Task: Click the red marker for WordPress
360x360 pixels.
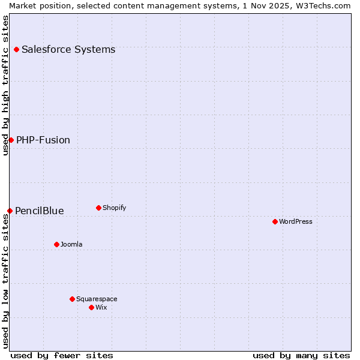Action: click(x=275, y=221)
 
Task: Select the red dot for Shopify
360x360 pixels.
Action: click(x=98, y=208)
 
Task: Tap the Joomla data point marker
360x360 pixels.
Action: click(x=56, y=244)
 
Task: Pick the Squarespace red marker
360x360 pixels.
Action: click(x=72, y=299)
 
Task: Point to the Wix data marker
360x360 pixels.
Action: click(x=91, y=307)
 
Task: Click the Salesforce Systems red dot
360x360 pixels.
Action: click(x=16, y=49)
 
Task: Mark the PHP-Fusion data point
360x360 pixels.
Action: click(x=11, y=140)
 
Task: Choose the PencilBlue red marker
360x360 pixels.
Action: click(x=10, y=211)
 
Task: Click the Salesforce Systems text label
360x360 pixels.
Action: click(x=68, y=49)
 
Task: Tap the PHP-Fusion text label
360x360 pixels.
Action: click(x=43, y=140)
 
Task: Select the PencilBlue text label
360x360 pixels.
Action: click(x=40, y=211)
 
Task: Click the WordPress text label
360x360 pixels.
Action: click(x=296, y=221)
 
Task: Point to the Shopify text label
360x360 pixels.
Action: click(x=114, y=208)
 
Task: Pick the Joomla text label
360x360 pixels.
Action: click(x=71, y=244)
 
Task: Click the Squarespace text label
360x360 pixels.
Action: click(x=97, y=299)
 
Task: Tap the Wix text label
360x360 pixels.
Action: click(x=101, y=307)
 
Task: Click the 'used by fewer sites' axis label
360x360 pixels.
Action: click(x=62, y=355)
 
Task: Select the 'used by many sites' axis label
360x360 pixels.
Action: click(x=301, y=355)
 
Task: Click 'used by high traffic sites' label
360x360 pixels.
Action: click(x=5, y=85)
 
